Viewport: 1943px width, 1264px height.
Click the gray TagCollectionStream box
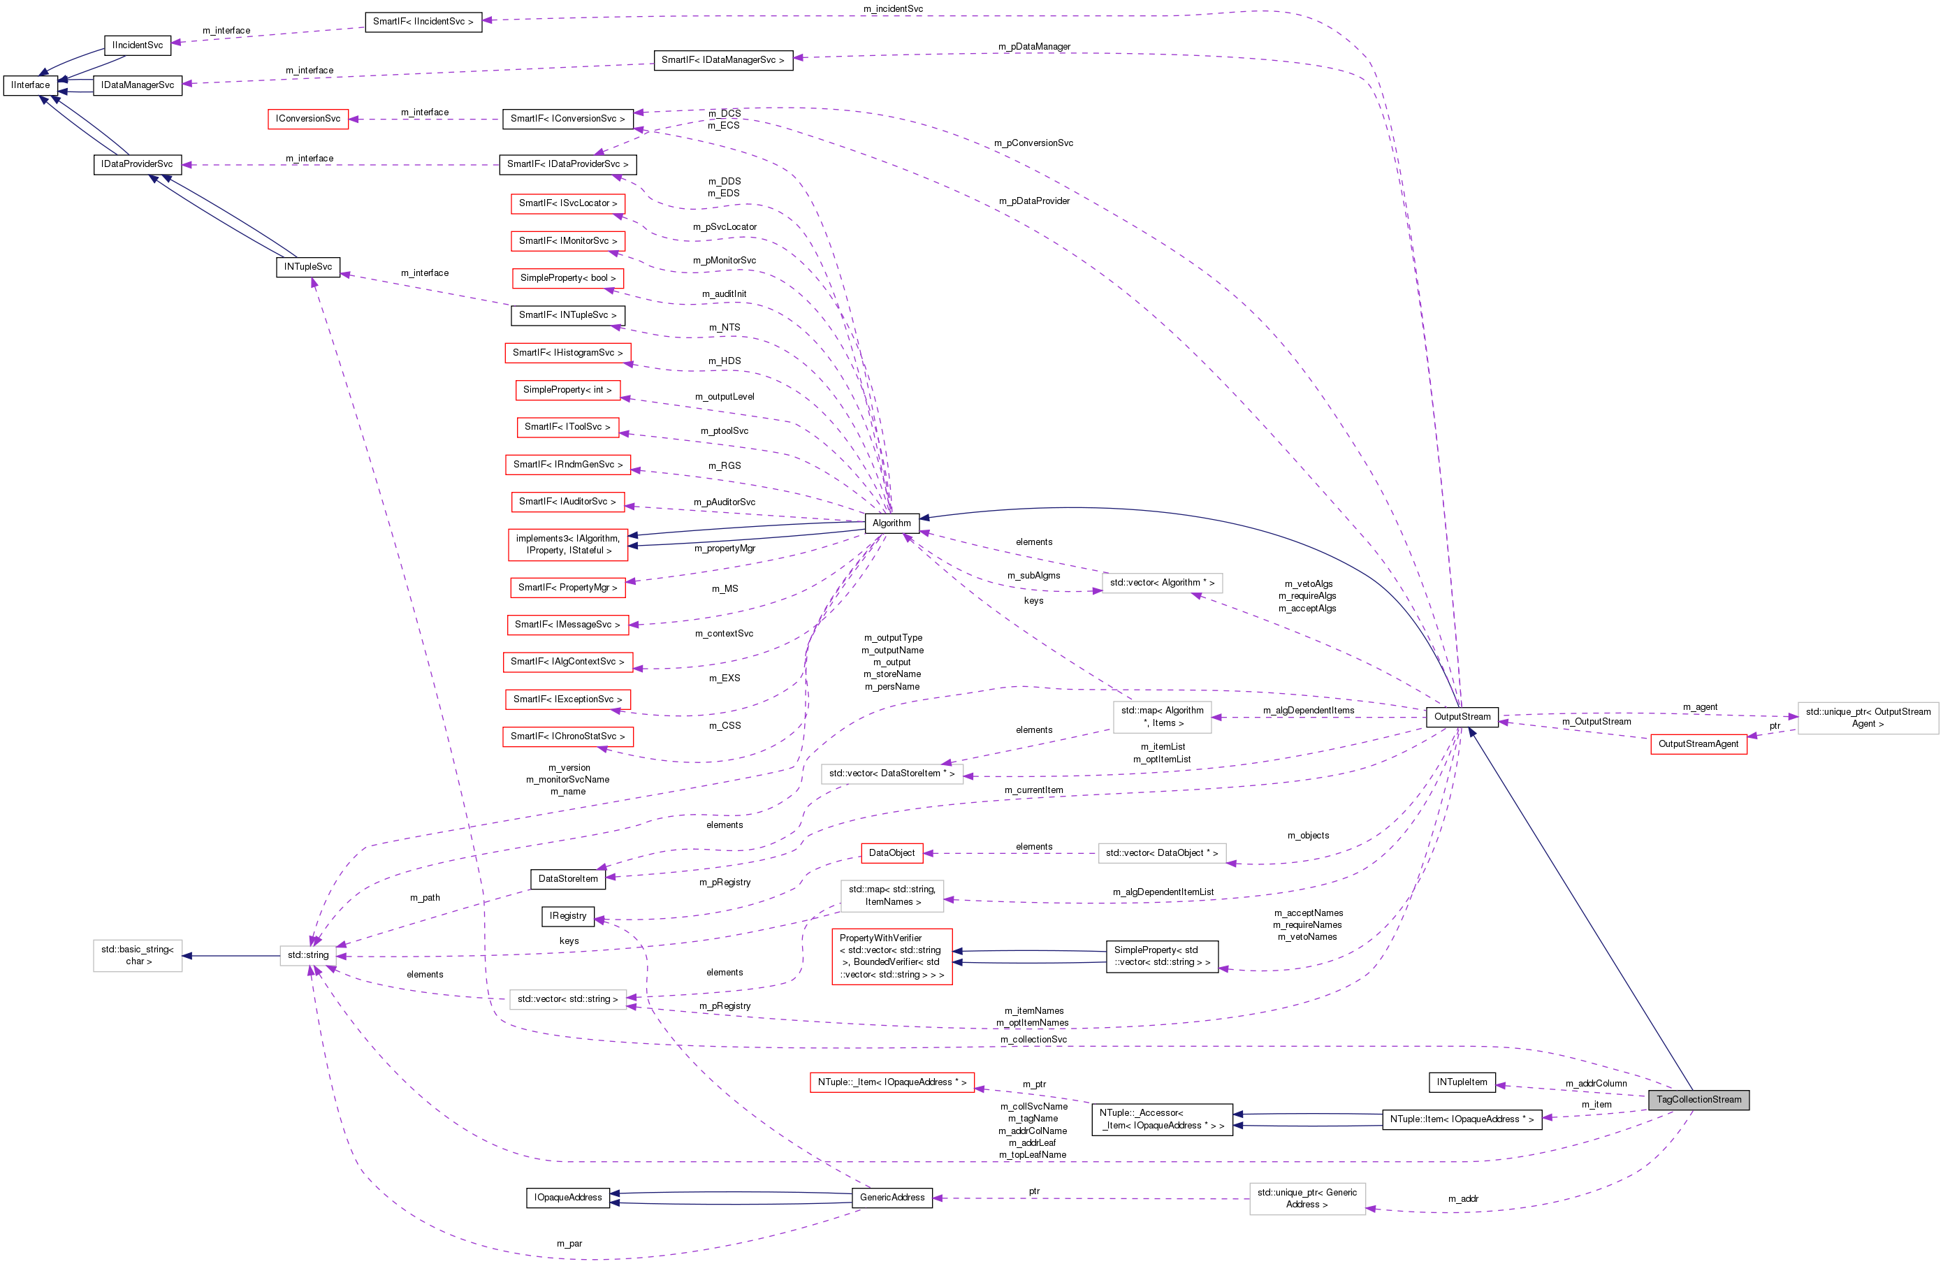(x=1698, y=1099)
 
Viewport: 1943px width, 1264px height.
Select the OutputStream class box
(x=1462, y=717)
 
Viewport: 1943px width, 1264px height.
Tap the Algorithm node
(x=892, y=523)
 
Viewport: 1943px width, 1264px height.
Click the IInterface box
(x=30, y=85)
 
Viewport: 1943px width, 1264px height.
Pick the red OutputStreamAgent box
(x=1698, y=744)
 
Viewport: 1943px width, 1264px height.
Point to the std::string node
(x=308, y=955)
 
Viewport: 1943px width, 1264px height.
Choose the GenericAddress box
(x=892, y=1197)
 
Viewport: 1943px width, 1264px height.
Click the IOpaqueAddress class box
(x=567, y=1197)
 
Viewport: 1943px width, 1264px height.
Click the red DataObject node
(x=892, y=852)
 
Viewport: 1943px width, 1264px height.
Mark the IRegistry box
(x=567, y=916)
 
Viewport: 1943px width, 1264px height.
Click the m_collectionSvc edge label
(x=1033, y=1040)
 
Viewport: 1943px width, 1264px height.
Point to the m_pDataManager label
(x=1033, y=47)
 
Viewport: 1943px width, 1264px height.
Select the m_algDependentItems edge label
(x=1308, y=711)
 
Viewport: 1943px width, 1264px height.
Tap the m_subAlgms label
(x=1033, y=576)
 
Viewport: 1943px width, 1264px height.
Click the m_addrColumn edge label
(x=1595, y=1084)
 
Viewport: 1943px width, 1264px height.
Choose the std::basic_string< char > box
(x=137, y=955)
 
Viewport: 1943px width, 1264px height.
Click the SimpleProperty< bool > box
(x=567, y=277)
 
